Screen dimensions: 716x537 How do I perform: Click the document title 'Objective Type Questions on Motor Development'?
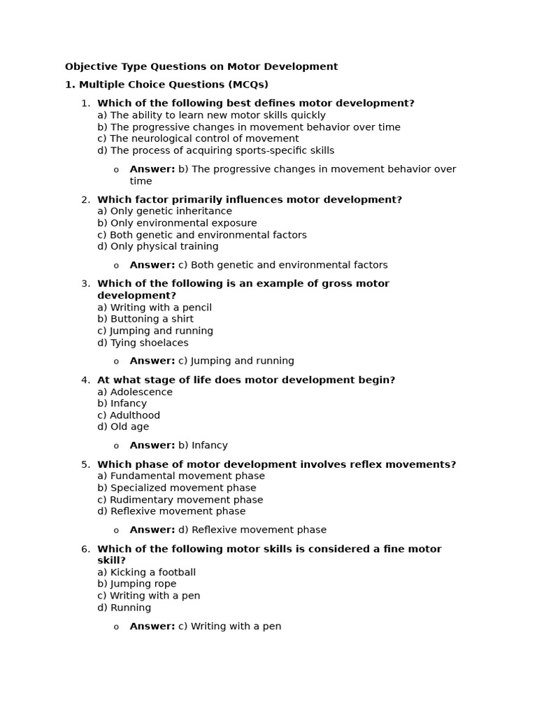[x=201, y=66]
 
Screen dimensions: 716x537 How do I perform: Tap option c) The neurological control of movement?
[x=198, y=138]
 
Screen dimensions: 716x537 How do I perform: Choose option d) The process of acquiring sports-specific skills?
[x=215, y=150]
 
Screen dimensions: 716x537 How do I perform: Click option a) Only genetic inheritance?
[x=164, y=211]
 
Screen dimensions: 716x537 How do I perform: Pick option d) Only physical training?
[x=158, y=246]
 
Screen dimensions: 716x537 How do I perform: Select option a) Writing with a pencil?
[x=155, y=307]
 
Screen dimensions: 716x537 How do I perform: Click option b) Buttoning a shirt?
[x=145, y=319]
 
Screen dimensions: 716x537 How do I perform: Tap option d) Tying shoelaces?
[x=143, y=343]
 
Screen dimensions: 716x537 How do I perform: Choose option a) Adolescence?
[x=135, y=392]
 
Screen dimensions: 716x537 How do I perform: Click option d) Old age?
[x=123, y=427]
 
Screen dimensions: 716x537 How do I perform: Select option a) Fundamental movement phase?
[x=181, y=475]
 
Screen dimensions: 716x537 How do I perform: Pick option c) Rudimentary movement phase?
[x=180, y=500]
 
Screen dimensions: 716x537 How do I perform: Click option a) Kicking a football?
[x=146, y=572]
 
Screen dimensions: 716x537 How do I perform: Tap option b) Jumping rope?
[x=137, y=584]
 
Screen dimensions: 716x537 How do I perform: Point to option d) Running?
[x=124, y=608]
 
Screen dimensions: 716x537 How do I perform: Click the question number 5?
[x=85, y=464]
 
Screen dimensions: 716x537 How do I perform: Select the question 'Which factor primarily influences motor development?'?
[x=250, y=199]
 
